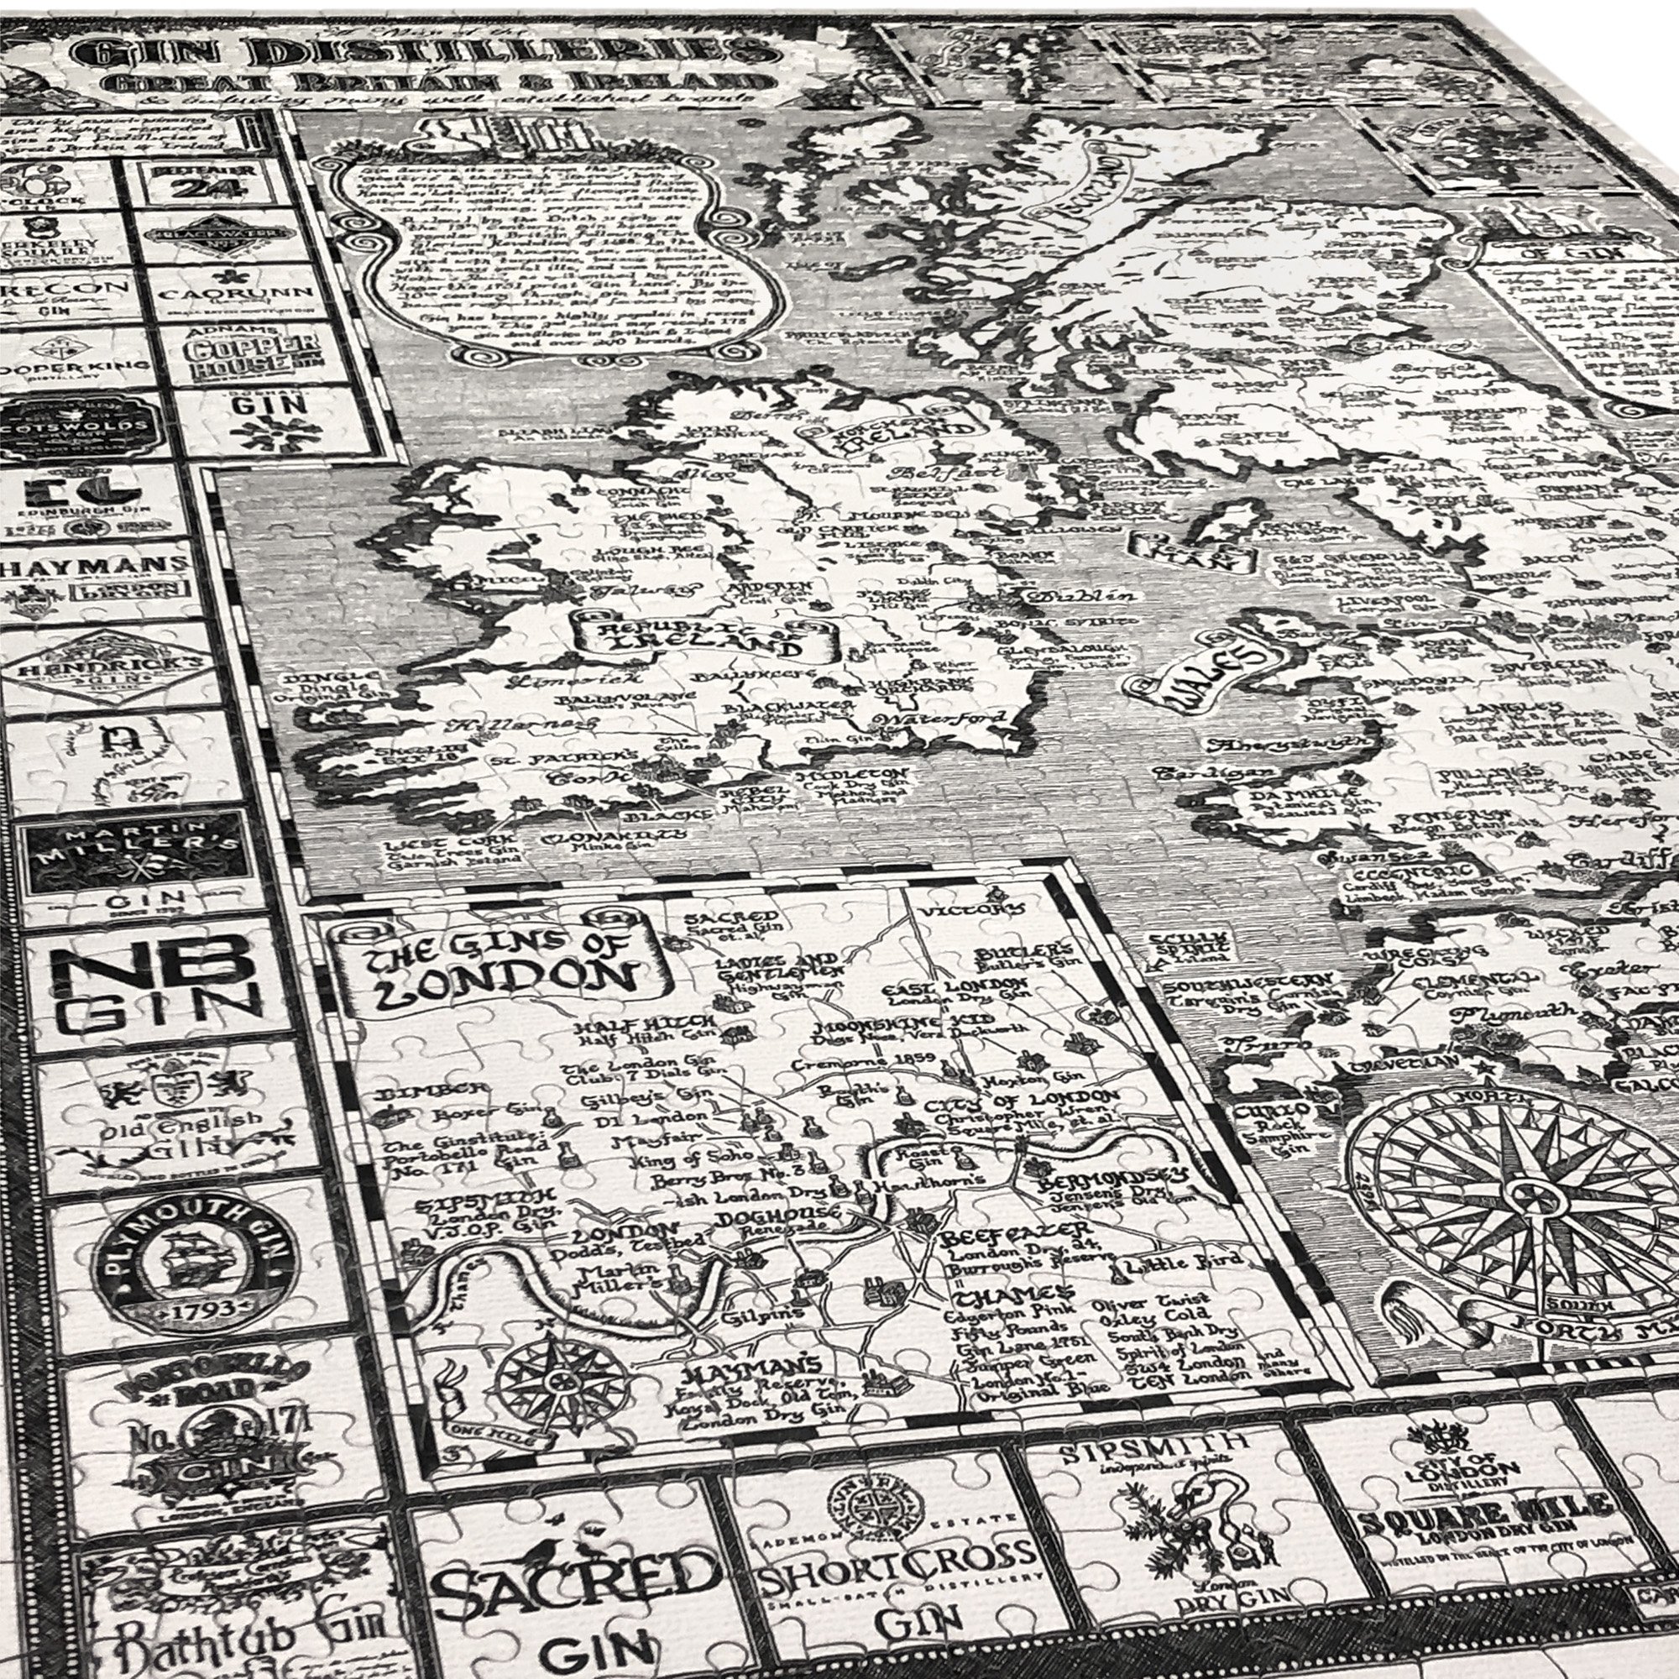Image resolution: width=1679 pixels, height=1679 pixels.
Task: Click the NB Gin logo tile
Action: [156, 986]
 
